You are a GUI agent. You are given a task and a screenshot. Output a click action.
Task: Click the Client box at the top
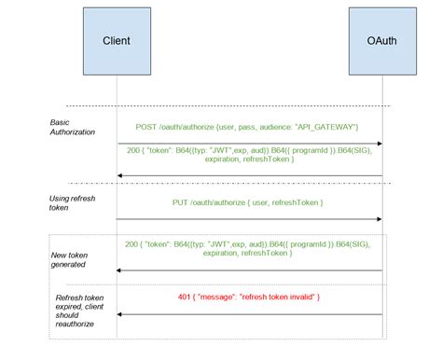point(117,41)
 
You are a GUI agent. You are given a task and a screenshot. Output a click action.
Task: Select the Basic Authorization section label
point(74,127)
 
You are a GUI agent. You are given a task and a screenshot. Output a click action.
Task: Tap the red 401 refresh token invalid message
point(249,297)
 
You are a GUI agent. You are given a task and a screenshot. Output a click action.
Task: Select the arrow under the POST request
point(249,144)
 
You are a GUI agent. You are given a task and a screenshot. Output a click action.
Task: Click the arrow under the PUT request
point(249,220)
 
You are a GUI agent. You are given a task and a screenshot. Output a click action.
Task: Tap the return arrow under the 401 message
point(249,314)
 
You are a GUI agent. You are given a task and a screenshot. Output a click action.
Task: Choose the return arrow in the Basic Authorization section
point(249,175)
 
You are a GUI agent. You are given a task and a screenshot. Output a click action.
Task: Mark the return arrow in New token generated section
point(249,270)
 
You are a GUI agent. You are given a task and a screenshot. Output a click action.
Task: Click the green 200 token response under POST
point(249,154)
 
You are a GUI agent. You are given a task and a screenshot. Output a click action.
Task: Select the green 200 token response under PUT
point(249,249)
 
